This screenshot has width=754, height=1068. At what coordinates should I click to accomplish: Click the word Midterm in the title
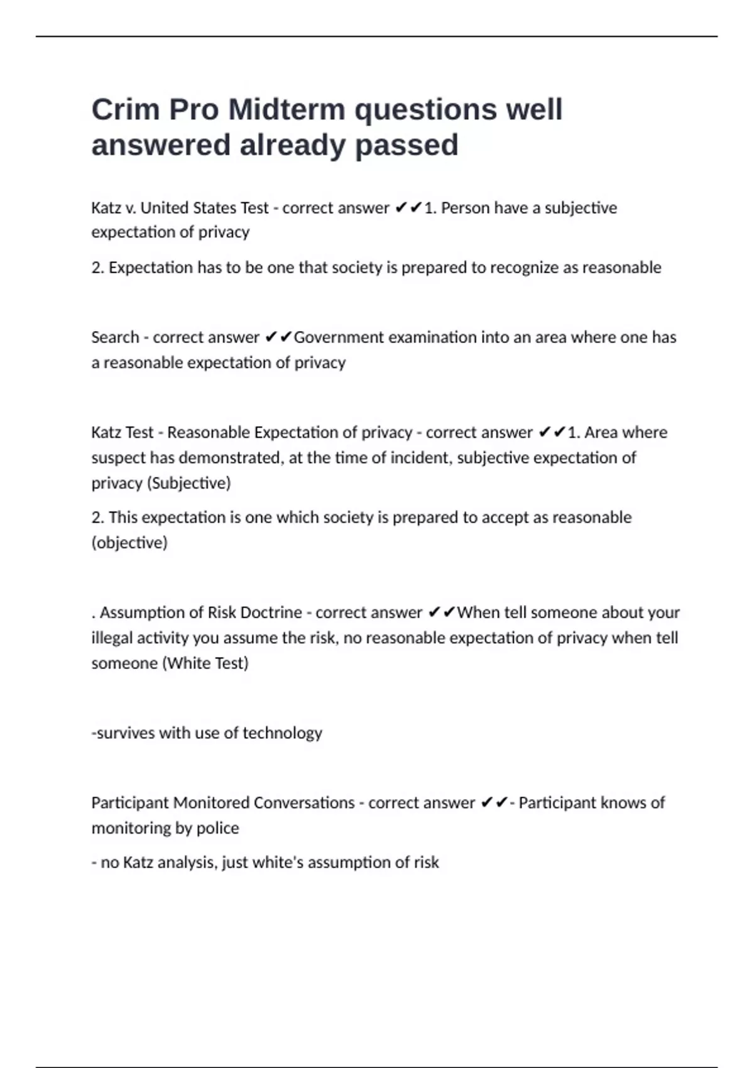click(287, 110)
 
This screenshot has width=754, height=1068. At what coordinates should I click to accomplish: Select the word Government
click(339, 337)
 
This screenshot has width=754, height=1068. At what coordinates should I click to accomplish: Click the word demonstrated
click(229, 458)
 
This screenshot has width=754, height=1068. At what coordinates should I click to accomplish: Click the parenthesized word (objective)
click(129, 543)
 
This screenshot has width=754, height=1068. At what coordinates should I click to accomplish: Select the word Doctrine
click(271, 613)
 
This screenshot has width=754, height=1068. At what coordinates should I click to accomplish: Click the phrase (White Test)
click(205, 663)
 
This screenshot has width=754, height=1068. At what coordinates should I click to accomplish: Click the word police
click(218, 828)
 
